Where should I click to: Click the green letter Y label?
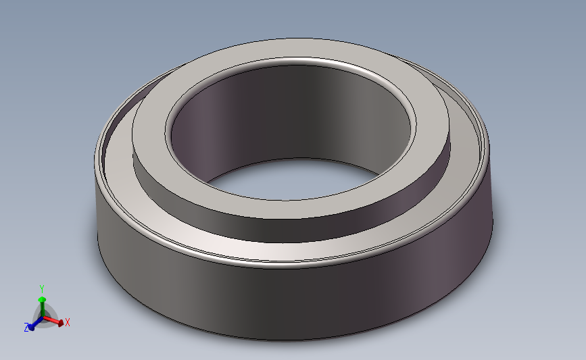pyautogui.click(x=42, y=289)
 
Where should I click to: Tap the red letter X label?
pyautogui.click(x=68, y=322)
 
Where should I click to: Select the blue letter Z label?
pyautogui.click(x=26, y=328)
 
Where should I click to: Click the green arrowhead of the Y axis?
pyautogui.click(x=42, y=299)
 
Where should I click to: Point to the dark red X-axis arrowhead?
pyautogui.click(x=60, y=322)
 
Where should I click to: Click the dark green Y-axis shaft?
pyautogui.click(x=42, y=309)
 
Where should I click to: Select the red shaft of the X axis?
pyautogui.click(x=51, y=319)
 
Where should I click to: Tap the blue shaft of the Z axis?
pyautogui.click(x=37, y=322)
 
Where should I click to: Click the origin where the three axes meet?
pyautogui.click(x=43, y=318)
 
